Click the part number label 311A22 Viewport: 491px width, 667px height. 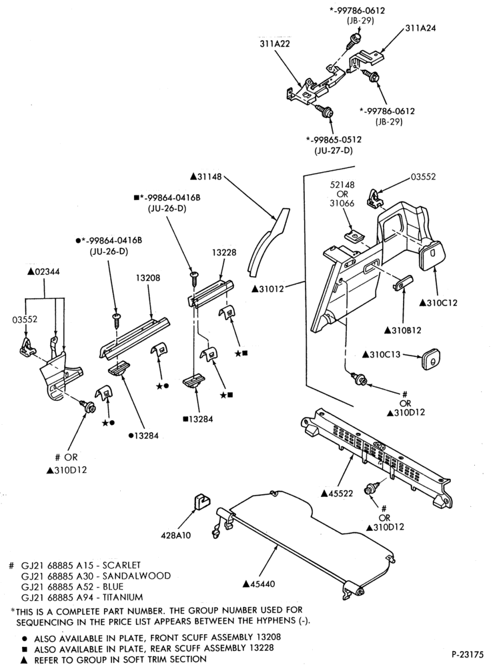click(275, 43)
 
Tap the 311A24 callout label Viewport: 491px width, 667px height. click(420, 28)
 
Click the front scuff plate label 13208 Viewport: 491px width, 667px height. click(148, 277)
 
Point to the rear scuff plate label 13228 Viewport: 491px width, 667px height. click(223, 252)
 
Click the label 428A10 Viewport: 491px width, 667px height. click(175, 535)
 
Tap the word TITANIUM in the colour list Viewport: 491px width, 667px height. click(123, 597)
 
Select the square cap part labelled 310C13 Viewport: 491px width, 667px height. click(430, 359)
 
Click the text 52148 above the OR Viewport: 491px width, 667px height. click(342, 185)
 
